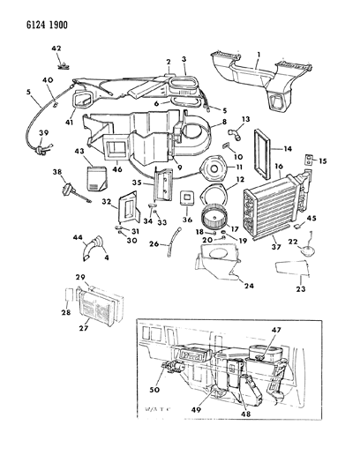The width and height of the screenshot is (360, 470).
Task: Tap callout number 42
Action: click(x=56, y=50)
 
